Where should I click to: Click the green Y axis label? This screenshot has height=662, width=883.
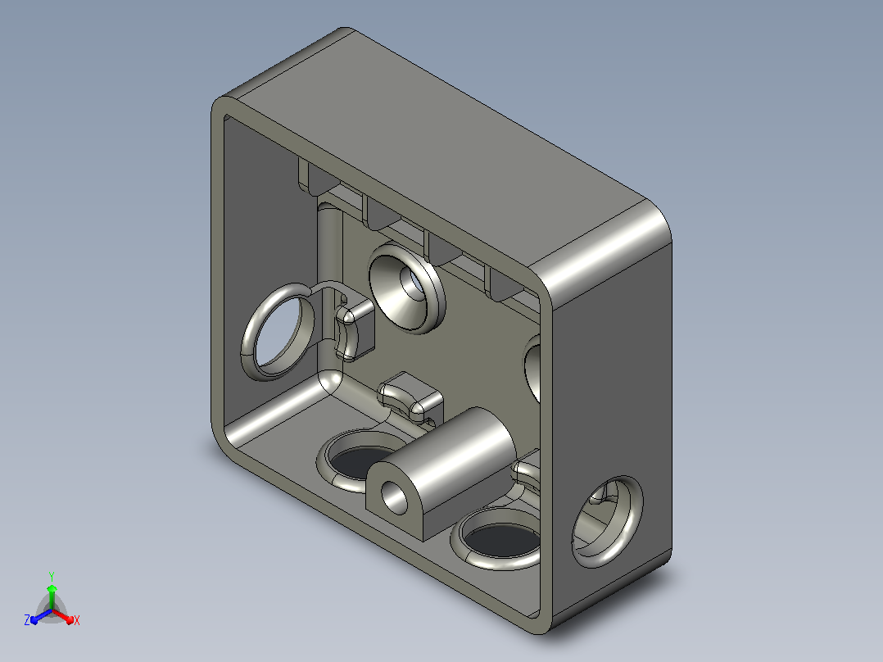point(52,576)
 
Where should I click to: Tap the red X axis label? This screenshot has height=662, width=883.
point(77,621)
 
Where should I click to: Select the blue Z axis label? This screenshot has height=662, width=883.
point(27,620)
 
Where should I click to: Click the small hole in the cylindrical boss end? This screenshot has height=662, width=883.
point(395,496)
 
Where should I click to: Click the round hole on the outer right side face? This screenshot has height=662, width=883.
point(607,521)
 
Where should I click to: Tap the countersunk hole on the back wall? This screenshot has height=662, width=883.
point(406,288)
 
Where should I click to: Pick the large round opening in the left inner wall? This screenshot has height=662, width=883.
point(277,333)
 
